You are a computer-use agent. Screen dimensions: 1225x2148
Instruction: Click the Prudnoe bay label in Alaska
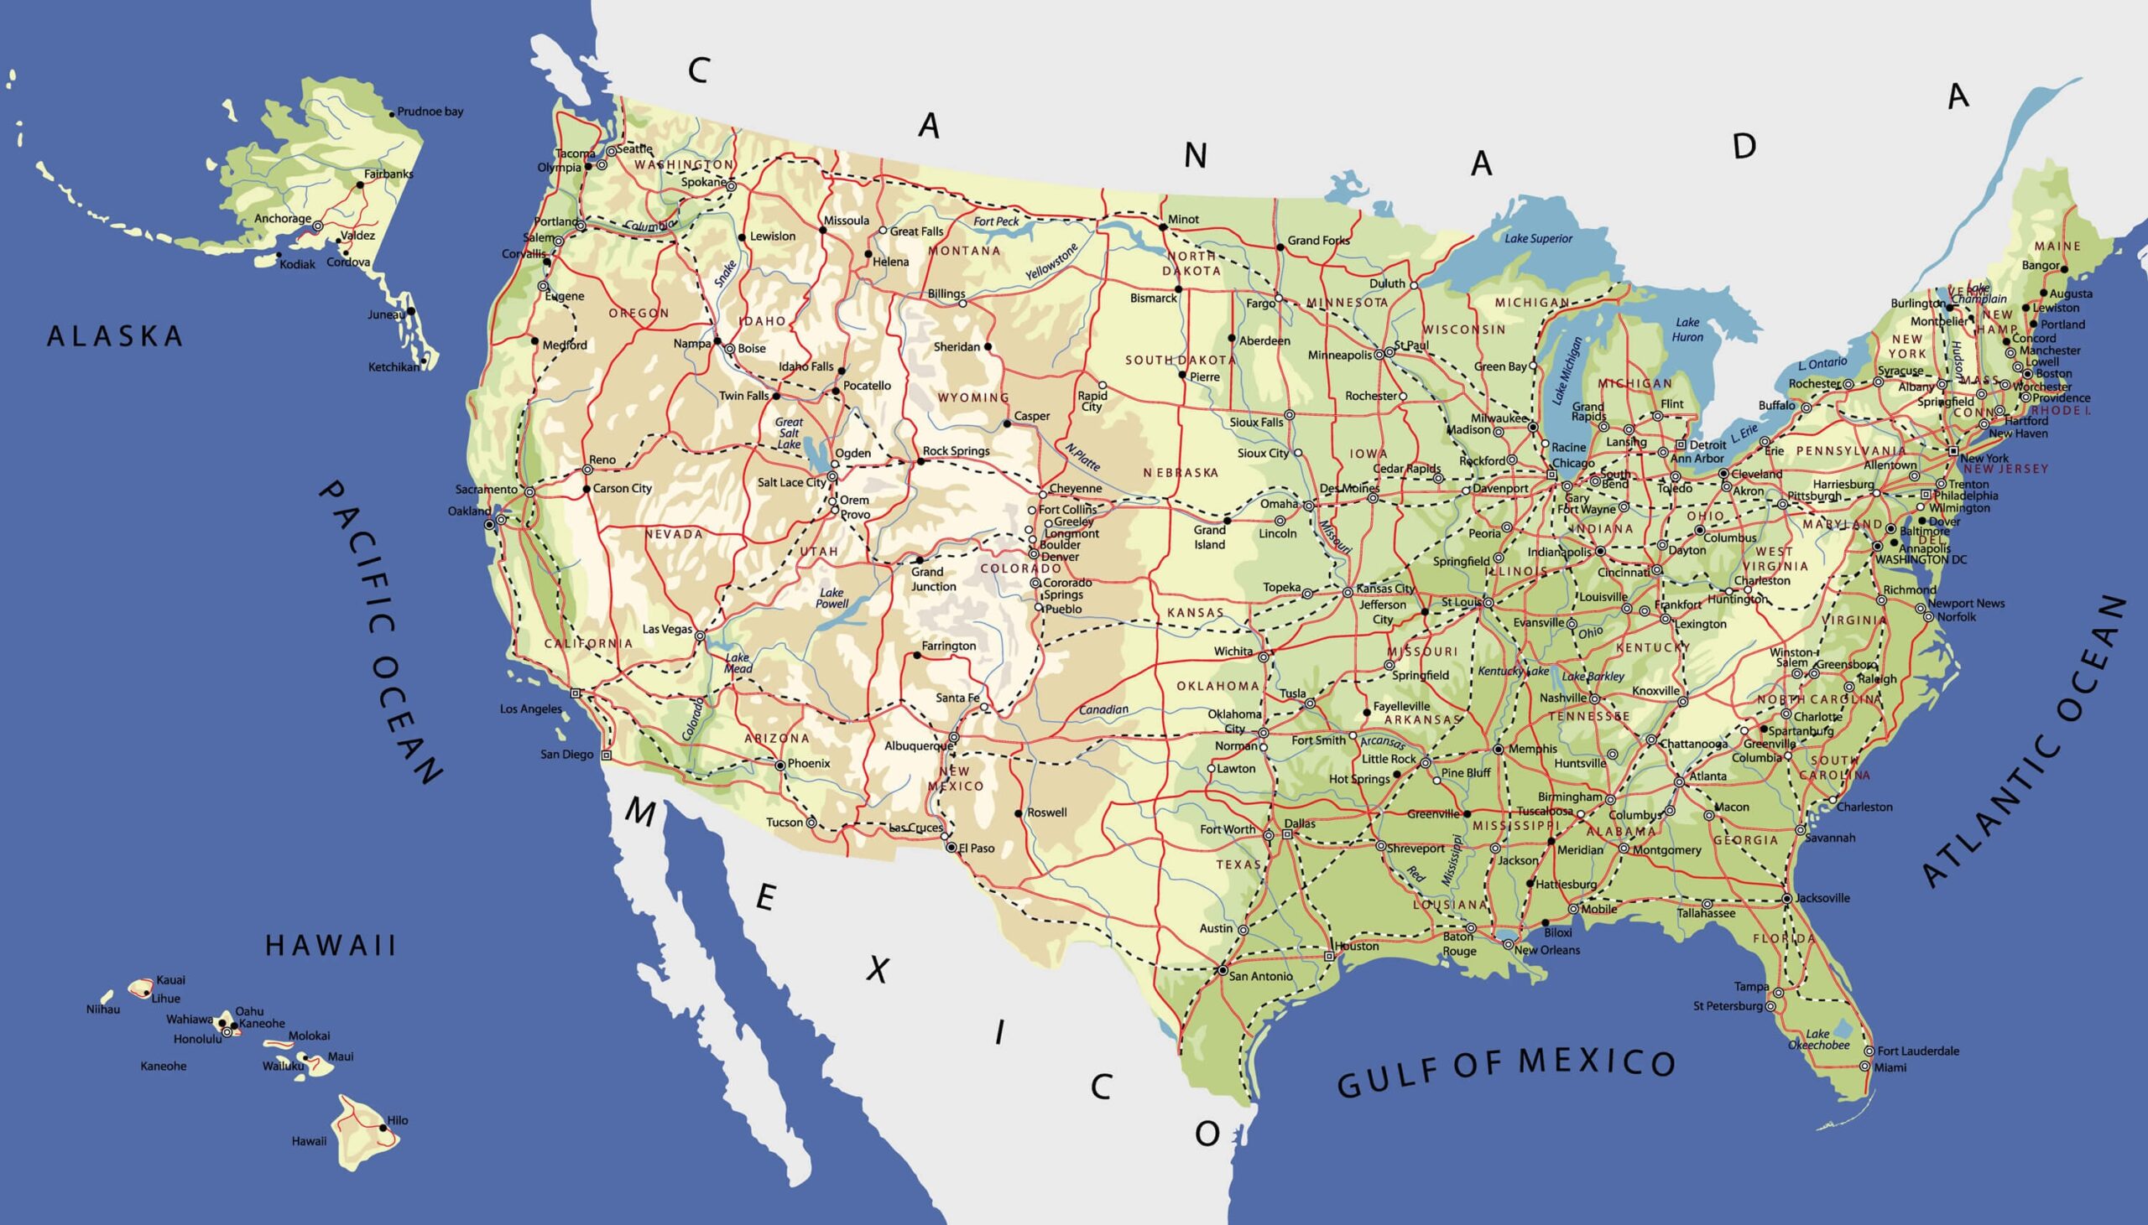coord(430,112)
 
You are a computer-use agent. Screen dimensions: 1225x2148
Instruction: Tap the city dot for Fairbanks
coord(360,185)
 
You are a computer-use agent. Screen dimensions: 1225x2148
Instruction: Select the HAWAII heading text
coord(331,946)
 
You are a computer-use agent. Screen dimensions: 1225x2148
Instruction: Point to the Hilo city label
coord(397,1121)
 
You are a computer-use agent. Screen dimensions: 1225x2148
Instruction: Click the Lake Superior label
coord(1539,239)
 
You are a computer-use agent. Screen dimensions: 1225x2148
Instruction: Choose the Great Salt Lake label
coord(789,433)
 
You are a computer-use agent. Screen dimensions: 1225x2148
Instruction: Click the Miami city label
coord(1890,1067)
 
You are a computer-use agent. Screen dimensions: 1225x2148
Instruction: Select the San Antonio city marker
coord(1223,971)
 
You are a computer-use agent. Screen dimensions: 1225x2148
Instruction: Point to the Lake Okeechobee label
coord(1819,1040)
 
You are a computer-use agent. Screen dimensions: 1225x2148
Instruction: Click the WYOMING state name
coord(973,397)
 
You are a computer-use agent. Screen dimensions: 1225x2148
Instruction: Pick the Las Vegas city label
coord(667,630)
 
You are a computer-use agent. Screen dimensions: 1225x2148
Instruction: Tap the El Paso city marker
coord(951,848)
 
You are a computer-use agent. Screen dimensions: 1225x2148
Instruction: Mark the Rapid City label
coord(1092,402)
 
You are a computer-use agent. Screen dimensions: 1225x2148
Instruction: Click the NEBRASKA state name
coord(1181,473)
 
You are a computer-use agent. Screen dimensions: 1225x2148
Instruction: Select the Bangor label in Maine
coord(2041,266)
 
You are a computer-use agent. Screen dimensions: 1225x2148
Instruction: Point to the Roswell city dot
coord(1019,813)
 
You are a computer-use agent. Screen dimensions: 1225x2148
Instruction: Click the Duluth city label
coord(1387,283)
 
